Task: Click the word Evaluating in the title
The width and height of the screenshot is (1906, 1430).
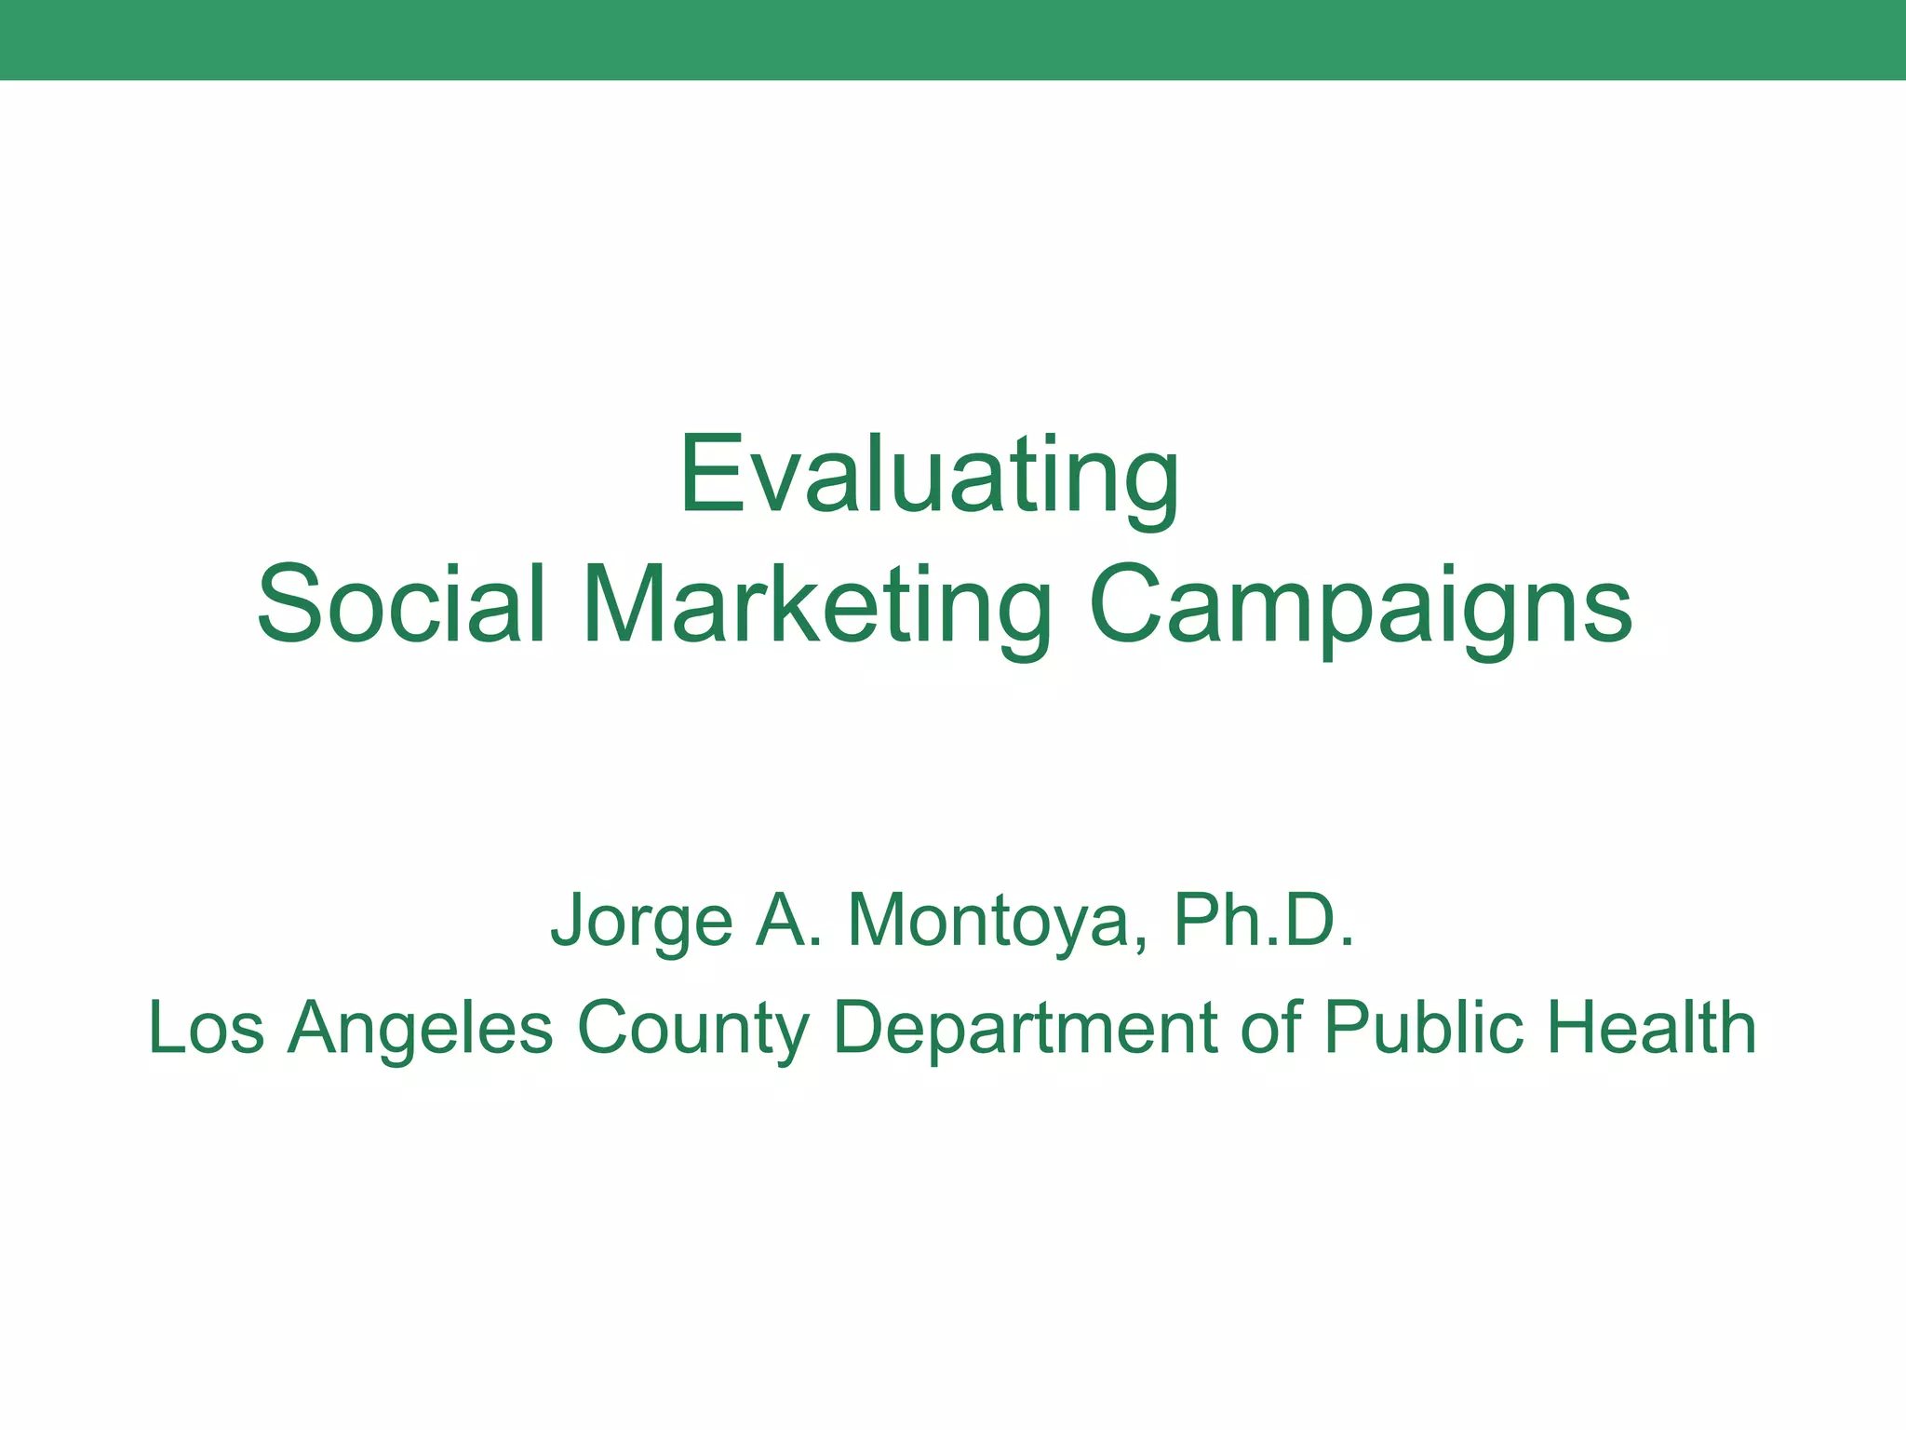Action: pos(929,477)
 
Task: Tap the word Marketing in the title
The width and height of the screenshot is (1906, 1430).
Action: pos(816,604)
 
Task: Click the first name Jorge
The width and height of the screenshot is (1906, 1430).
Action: pos(642,920)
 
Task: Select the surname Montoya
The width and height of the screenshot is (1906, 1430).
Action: pos(997,920)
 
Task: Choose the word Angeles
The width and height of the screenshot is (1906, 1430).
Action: pos(421,1028)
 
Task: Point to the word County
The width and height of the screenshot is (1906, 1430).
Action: pos(692,1028)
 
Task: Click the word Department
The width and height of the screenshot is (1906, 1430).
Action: pos(1025,1028)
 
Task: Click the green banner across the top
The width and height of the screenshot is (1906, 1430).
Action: pos(953,40)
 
